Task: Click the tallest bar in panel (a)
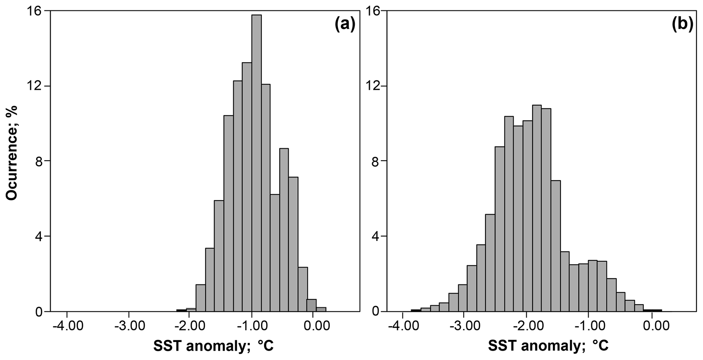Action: (256, 163)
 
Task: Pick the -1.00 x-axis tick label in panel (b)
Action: (590, 326)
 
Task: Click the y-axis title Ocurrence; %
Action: (12, 152)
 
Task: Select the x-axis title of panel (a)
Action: (214, 346)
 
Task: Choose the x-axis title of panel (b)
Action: (548, 346)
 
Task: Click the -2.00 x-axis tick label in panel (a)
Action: (190, 326)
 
